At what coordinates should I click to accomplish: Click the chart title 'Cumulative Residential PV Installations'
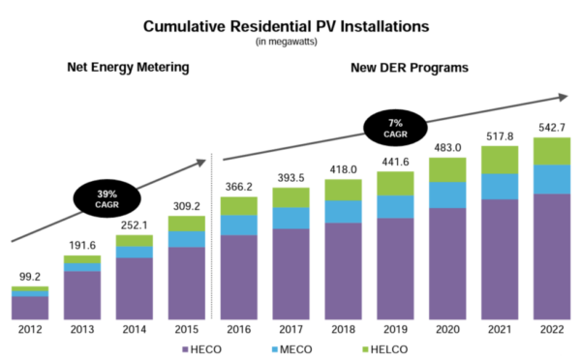290,27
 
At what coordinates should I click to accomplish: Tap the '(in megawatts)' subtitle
290,44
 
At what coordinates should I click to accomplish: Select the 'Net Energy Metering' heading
127,68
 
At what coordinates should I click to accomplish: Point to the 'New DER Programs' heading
409,68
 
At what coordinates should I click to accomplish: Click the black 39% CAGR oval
105,197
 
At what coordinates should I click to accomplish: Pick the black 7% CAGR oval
395,125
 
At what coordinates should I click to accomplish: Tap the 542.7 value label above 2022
552,127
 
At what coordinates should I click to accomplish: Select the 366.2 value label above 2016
239,187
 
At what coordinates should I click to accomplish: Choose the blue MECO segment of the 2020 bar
447,195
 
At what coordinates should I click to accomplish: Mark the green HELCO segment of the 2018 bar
343,190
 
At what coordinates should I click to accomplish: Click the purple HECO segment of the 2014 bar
135,288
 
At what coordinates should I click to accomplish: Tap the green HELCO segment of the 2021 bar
500,160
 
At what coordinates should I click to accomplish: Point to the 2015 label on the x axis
187,329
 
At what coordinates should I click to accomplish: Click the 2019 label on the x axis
395,329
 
